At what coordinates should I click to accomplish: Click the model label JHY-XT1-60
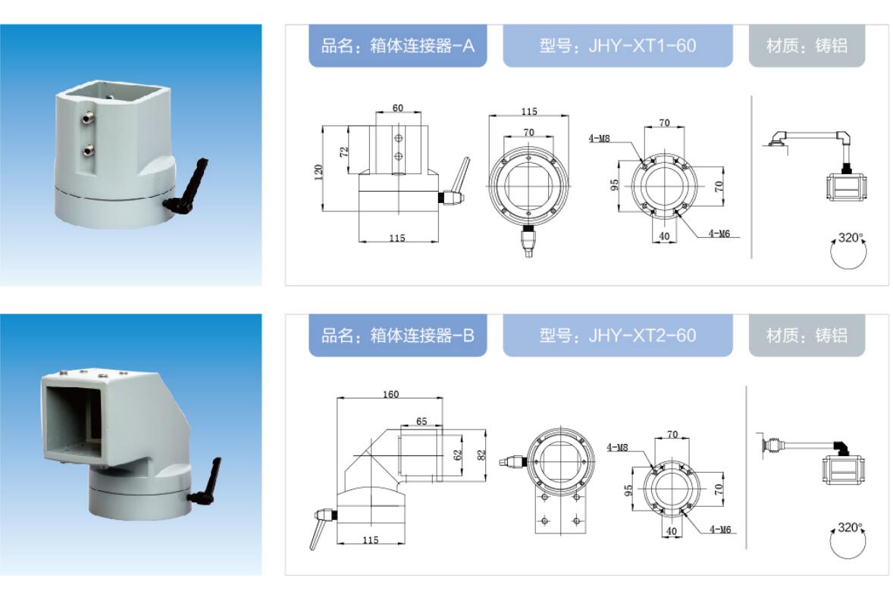click(617, 45)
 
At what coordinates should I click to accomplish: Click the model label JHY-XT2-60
click(617, 335)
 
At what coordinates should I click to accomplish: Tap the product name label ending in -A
click(397, 45)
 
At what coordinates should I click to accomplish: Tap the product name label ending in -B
click(397, 335)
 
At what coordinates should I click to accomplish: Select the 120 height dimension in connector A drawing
click(318, 173)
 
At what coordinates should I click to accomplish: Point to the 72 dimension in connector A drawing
click(344, 152)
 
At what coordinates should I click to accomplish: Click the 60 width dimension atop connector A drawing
click(397, 108)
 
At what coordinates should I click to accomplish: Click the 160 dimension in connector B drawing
click(390, 394)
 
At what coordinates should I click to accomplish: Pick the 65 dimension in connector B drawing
click(421, 421)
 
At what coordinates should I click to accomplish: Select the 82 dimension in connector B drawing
click(482, 455)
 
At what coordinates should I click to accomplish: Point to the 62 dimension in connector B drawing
click(459, 455)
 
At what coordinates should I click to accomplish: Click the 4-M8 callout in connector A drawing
click(599, 138)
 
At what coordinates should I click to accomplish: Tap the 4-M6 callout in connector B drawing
click(720, 529)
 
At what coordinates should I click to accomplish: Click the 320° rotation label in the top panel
click(851, 238)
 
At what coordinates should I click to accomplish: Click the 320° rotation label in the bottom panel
click(851, 527)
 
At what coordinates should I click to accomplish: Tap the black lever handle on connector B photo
click(206, 483)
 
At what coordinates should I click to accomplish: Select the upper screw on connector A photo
click(88, 118)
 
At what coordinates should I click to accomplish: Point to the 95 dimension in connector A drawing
click(615, 186)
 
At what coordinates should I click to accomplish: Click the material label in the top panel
click(807, 45)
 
